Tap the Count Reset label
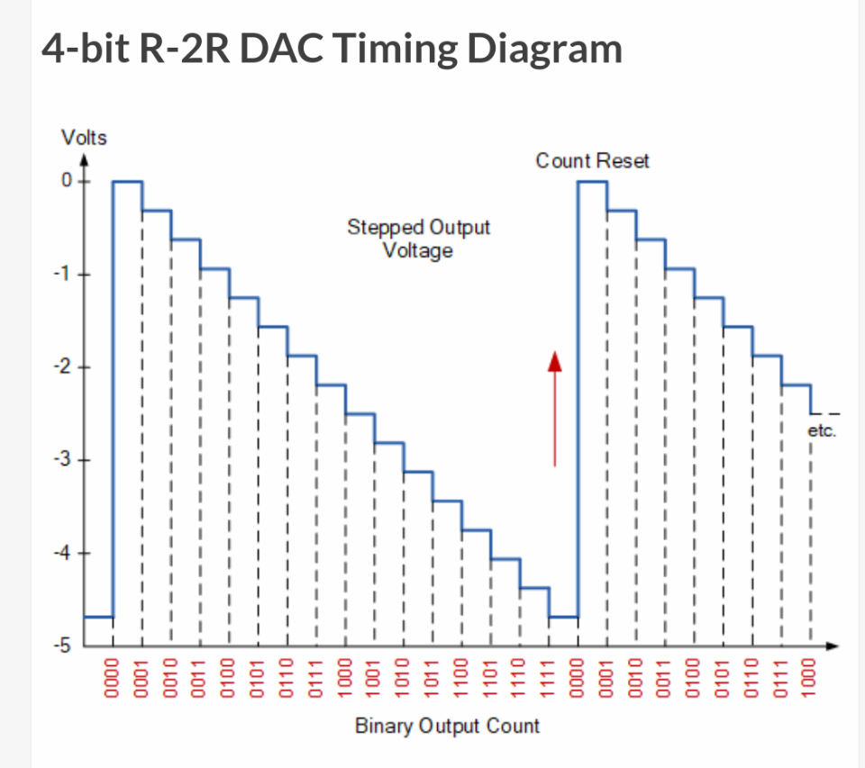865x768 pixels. click(592, 161)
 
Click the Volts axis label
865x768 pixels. click(84, 138)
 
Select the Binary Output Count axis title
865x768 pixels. click(447, 726)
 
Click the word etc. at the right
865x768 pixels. click(822, 431)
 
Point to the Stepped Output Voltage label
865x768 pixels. click(418, 238)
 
